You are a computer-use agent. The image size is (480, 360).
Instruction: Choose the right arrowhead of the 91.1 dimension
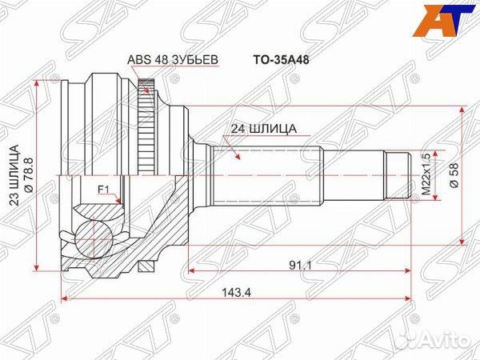[x=410, y=269]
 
